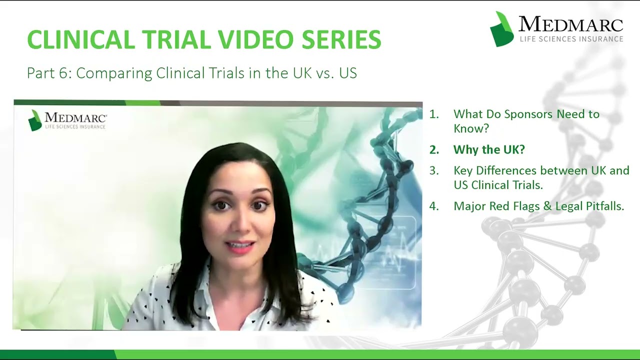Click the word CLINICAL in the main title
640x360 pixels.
pyautogui.click(x=80, y=39)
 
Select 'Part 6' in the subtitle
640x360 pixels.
pyautogui.click(x=47, y=73)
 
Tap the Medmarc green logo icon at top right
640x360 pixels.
pyautogui.click(x=501, y=29)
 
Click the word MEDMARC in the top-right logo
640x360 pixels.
pyautogui.click(x=570, y=24)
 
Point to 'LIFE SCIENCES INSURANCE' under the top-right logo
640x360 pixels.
pyautogui.click(x=571, y=38)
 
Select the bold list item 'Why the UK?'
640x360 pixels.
pyautogui.click(x=488, y=149)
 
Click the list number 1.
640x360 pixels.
pyautogui.click(x=433, y=114)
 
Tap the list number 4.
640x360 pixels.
pyautogui.click(x=433, y=206)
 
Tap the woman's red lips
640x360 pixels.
pyautogui.click(x=241, y=246)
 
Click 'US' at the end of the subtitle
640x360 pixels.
pyautogui.click(x=348, y=73)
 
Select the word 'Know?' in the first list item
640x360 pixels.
pyautogui.click(x=471, y=128)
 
